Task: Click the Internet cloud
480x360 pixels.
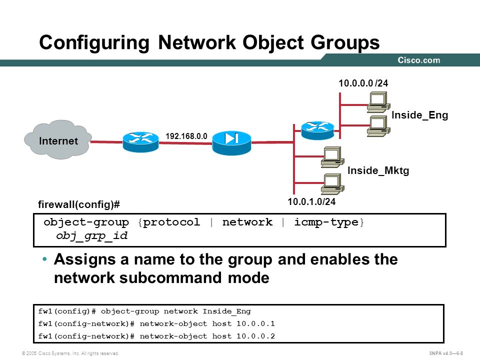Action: [58, 139]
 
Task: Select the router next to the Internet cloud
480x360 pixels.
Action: [140, 141]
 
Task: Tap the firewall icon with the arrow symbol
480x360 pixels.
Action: [231, 142]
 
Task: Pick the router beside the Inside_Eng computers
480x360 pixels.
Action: [317, 130]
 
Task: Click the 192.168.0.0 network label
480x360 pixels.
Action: [186, 136]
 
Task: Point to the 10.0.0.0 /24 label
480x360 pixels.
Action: [363, 83]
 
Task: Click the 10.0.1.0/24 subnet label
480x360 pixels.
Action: [311, 201]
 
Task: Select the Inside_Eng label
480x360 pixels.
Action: [419, 115]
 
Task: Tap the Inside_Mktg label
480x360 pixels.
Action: [378, 170]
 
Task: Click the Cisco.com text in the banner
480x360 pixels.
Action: [419, 60]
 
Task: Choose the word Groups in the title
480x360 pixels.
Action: [345, 42]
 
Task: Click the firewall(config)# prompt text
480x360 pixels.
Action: [79, 204]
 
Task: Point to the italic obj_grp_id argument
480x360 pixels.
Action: [91, 235]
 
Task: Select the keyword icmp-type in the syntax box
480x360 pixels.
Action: [326, 222]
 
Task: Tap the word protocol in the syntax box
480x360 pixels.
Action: [171, 222]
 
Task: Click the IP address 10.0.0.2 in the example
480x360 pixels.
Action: [255, 336]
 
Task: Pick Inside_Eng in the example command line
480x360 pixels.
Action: [226, 311]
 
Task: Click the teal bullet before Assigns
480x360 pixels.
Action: [44, 259]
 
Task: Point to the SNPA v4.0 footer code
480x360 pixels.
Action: [446, 353]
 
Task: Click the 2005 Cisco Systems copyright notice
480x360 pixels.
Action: [70, 353]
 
